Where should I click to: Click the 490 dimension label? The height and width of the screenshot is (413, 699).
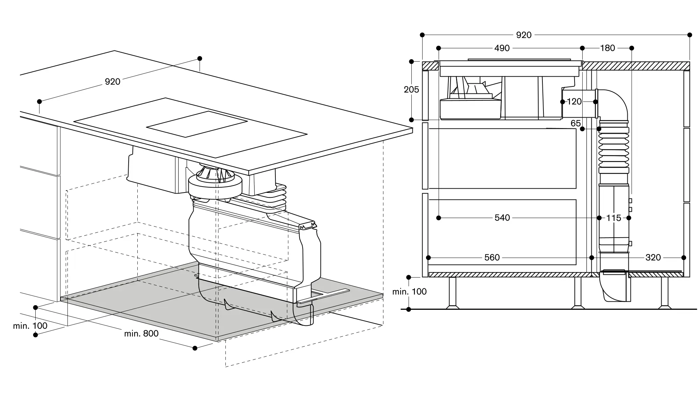pyautogui.click(x=502, y=48)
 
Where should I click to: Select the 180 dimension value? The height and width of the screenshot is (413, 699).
pyautogui.click(x=607, y=48)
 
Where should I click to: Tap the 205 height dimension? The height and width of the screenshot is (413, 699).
pyautogui.click(x=411, y=90)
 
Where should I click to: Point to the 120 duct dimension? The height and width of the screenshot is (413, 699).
pyautogui.click(x=574, y=102)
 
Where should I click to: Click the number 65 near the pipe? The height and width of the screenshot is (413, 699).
pyautogui.click(x=576, y=123)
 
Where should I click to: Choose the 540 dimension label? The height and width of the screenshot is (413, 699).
pyautogui.click(x=502, y=218)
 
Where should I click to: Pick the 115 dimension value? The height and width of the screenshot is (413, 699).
pyautogui.click(x=613, y=218)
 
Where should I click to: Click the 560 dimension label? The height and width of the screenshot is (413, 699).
pyautogui.click(x=492, y=258)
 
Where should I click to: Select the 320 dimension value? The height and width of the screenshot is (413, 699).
pyautogui.click(x=653, y=258)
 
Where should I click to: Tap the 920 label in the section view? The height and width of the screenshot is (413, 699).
pyautogui.click(x=524, y=35)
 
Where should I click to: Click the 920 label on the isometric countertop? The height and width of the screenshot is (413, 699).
pyautogui.click(x=113, y=82)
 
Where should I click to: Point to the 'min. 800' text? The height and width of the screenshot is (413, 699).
pyautogui.click(x=141, y=334)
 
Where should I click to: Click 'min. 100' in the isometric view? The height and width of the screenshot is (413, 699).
pyautogui.click(x=30, y=326)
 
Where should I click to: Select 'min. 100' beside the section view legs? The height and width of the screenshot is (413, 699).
pyautogui.click(x=409, y=292)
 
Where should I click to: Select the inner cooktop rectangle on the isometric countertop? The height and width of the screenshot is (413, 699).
pyautogui.click(x=197, y=124)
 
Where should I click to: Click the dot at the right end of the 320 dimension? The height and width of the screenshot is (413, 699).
pyautogui.click(x=684, y=258)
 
